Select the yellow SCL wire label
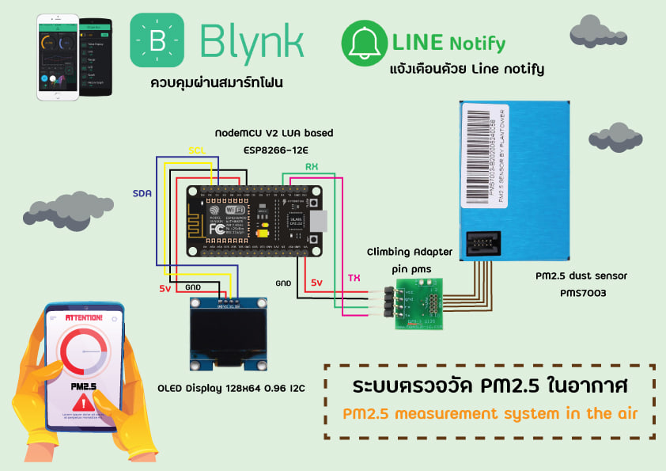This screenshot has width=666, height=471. (x=198, y=150)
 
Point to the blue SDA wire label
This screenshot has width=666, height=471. (x=142, y=192)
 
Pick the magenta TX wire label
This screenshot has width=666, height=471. (x=353, y=278)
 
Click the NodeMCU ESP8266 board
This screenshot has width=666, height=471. (x=254, y=221)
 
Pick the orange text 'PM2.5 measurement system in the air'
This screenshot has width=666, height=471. (x=490, y=413)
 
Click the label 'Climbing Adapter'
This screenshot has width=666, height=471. (x=409, y=253)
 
